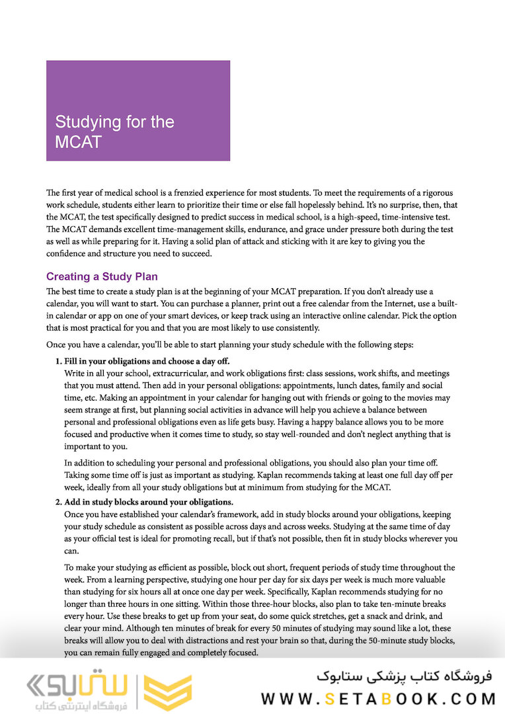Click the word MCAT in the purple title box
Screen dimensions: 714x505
78,142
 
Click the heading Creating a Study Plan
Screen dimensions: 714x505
102,276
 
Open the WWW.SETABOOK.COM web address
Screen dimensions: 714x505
377,698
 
